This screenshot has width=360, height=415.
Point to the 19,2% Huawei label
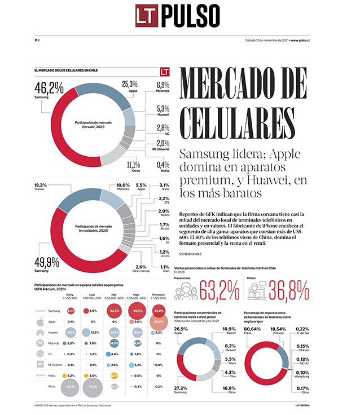[40, 186]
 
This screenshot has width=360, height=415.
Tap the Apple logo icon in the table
[39, 321]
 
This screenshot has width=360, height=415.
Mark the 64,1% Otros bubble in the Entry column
[71, 387]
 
